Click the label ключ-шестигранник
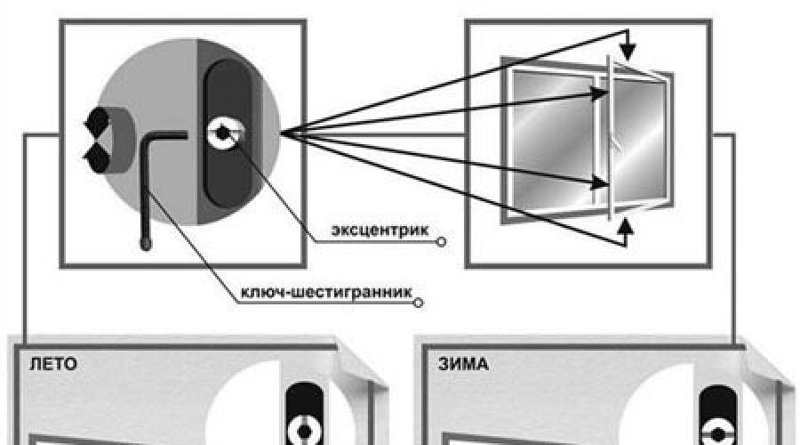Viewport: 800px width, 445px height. coord(325,292)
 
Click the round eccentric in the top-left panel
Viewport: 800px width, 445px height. coord(220,133)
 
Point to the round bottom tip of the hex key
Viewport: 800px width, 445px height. coord(145,242)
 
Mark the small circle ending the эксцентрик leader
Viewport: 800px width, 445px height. coord(441,240)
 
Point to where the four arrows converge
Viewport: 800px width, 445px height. coord(283,133)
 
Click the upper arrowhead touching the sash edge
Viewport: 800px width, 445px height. coord(600,88)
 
